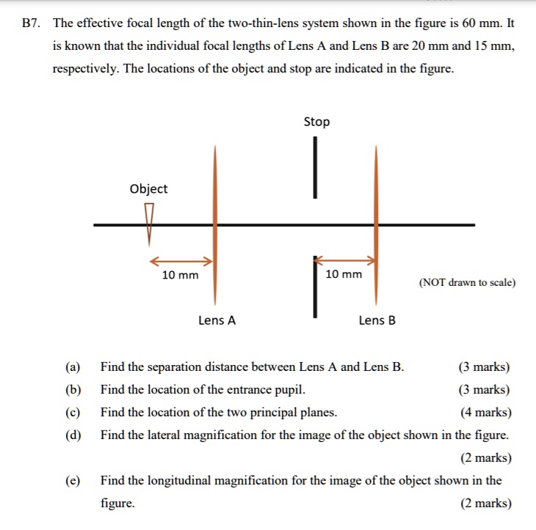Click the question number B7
click(31, 23)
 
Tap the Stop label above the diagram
click(316, 122)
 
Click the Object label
click(148, 188)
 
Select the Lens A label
click(217, 320)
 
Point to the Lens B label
click(377, 320)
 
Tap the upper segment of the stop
click(316, 168)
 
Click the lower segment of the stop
click(316, 286)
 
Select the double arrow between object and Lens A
click(181, 261)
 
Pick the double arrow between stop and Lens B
click(345, 260)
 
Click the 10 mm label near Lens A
click(180, 276)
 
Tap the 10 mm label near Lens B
click(344, 274)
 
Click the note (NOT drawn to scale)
click(467, 282)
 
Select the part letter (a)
click(72, 367)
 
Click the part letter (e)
click(72, 481)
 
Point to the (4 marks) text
click(485, 412)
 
